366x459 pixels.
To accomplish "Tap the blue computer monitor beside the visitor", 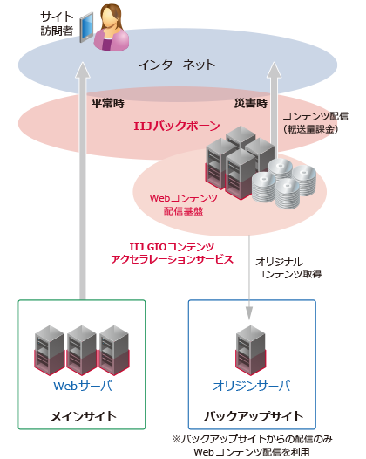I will coord(86,30).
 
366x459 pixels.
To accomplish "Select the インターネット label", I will coord(177,65).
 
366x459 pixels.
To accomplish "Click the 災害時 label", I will coord(251,102).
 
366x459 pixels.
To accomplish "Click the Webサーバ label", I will coord(82,385).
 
